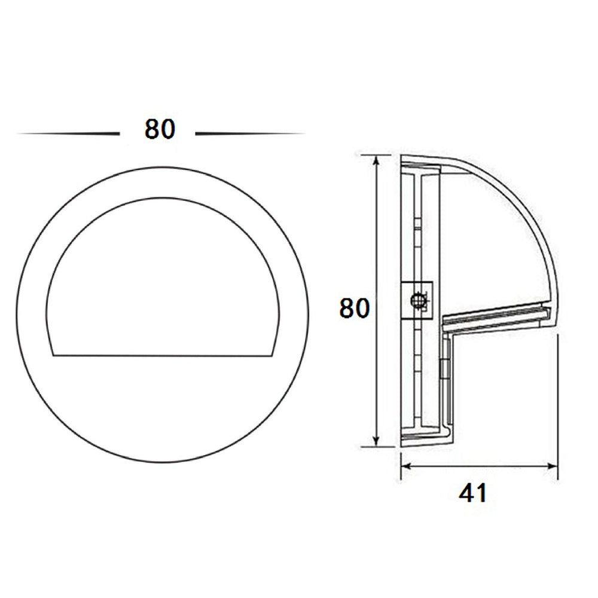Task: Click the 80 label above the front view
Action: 160,129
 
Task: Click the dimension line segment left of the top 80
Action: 68,134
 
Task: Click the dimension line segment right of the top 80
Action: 250,134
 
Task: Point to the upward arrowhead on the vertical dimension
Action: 377,162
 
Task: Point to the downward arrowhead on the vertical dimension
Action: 377,440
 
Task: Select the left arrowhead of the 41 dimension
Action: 407,466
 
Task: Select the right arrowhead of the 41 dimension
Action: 551,466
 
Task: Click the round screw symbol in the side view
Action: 418,301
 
